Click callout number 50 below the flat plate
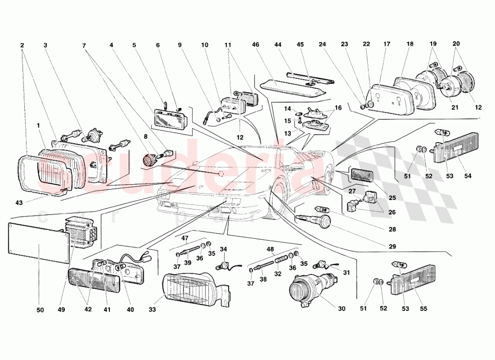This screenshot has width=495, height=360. click(40, 310)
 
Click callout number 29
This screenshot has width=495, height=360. click(393, 246)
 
